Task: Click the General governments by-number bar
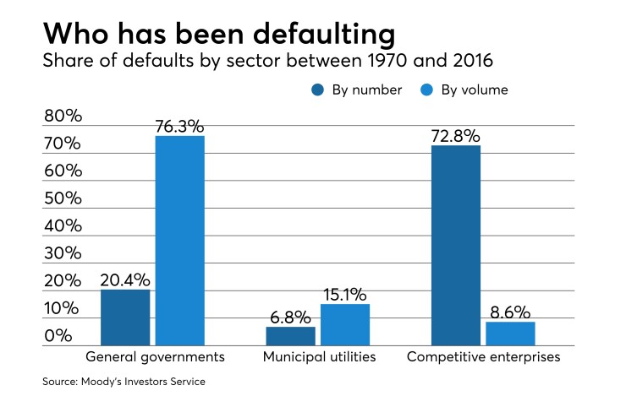[x=125, y=317]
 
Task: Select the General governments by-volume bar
[x=179, y=241]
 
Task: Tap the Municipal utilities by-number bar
[x=291, y=336]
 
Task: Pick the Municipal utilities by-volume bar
[x=345, y=325]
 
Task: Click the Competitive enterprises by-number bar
[x=456, y=246]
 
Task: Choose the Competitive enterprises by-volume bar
[x=510, y=334]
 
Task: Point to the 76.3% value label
[x=179, y=127]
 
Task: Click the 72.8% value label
[x=455, y=136]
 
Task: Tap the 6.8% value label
[x=291, y=317]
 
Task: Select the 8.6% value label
[x=510, y=312]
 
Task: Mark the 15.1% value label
[x=345, y=295]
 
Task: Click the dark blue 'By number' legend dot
[x=317, y=90]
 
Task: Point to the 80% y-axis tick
[x=63, y=116]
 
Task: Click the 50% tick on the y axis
[x=63, y=198]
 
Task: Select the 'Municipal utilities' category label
[x=318, y=357]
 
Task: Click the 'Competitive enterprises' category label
[x=483, y=357]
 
